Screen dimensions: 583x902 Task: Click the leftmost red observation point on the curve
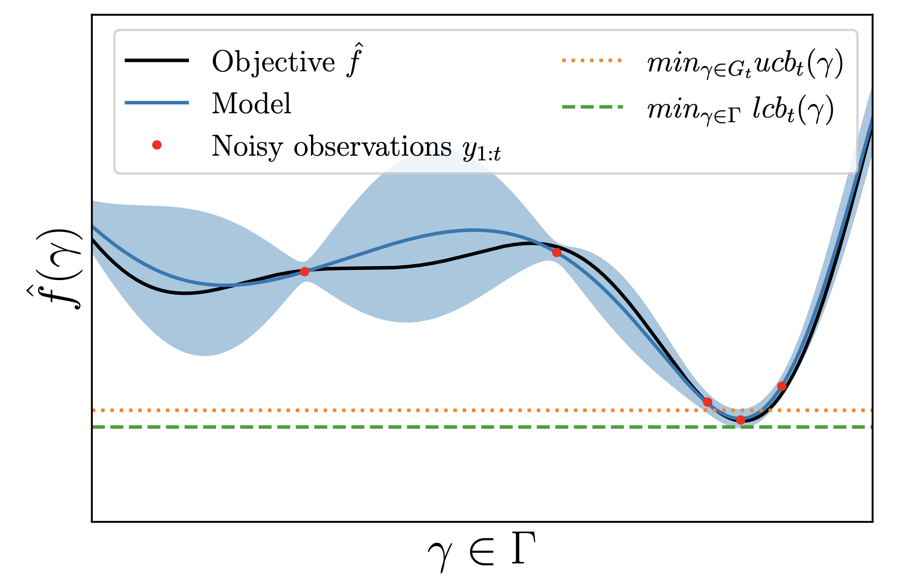tap(304, 272)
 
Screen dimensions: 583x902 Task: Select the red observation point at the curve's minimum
tap(740, 420)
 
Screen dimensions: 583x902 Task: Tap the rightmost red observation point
tap(782, 386)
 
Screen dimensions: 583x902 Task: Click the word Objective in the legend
tap(274, 62)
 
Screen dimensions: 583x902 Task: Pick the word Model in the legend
tap(252, 103)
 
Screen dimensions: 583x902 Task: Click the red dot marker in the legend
tap(157, 145)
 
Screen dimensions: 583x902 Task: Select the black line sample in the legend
tap(157, 60)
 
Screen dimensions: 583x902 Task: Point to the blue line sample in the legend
tap(157, 103)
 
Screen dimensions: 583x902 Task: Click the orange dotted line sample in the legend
tap(592, 61)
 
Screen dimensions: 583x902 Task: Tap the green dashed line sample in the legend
tap(592, 107)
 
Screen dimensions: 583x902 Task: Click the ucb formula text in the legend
tap(745, 65)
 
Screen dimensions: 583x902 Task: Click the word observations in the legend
tap(373, 147)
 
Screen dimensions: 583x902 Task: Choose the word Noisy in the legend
tap(247, 147)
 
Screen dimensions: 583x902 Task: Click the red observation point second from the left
tap(557, 252)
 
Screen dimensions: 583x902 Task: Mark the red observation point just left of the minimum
tap(707, 402)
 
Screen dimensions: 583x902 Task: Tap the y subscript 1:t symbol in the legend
tap(482, 151)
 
